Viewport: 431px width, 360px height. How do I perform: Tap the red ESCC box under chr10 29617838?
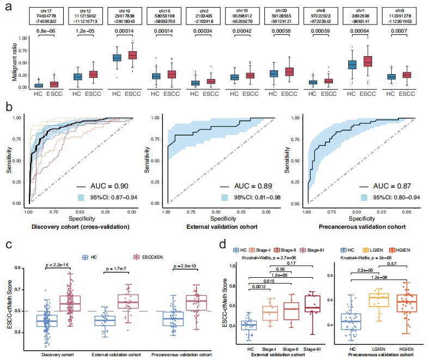[132, 55]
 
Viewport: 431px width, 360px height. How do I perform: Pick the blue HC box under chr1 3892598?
[352, 64]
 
